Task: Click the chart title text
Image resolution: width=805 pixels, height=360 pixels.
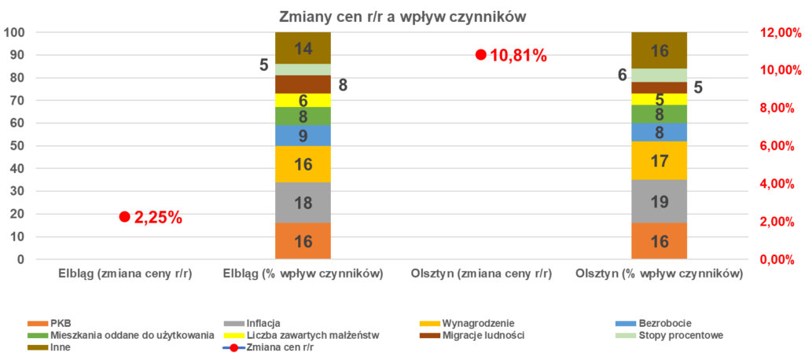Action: [x=402, y=17]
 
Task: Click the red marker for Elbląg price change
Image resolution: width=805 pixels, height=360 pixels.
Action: [x=124, y=217]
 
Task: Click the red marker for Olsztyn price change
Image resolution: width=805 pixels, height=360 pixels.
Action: [x=480, y=55]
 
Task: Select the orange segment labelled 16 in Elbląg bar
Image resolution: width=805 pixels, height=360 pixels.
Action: [x=303, y=241]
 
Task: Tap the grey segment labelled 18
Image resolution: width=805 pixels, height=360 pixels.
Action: [x=303, y=203]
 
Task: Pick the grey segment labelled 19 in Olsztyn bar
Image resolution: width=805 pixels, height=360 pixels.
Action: [x=659, y=201]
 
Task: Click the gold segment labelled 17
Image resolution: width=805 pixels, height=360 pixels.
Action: [x=659, y=160]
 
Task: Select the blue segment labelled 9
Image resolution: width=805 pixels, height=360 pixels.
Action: [x=303, y=135]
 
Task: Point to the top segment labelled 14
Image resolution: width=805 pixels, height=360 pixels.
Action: [x=303, y=48]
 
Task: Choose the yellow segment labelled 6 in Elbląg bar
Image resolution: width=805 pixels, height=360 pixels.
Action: [x=303, y=100]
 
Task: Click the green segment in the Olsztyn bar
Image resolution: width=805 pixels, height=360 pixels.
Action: [x=659, y=114]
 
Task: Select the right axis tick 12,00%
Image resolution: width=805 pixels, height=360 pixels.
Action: [x=777, y=32]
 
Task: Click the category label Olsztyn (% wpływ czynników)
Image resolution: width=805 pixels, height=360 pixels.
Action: [x=659, y=275]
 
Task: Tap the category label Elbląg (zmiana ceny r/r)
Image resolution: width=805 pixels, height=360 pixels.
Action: [x=125, y=275]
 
